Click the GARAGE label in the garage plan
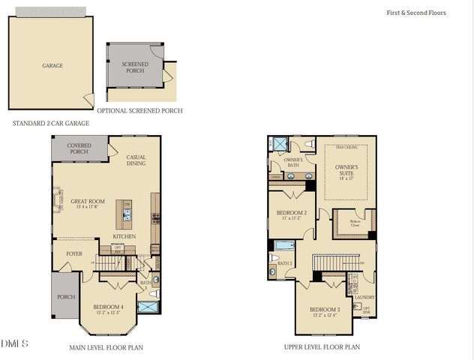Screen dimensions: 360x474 (52, 66)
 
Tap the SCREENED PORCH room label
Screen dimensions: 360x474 (136, 68)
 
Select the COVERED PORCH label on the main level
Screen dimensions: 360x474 (79, 148)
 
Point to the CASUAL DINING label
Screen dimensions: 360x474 (136, 160)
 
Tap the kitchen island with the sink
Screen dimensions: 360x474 (127, 214)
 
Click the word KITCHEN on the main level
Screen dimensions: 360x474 (124, 236)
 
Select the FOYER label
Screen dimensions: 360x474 (74, 254)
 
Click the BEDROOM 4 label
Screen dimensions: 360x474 (109, 307)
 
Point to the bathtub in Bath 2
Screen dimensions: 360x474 (285, 245)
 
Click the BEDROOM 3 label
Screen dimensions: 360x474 (325, 310)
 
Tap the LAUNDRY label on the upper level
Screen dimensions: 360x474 (364, 297)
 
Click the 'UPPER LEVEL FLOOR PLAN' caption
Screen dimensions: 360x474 (322, 347)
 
